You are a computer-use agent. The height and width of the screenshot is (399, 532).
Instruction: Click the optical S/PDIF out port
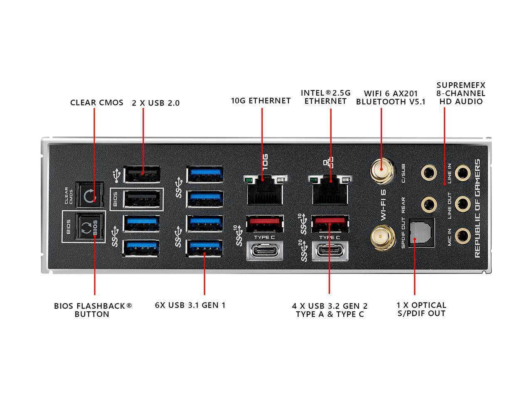click(x=421, y=233)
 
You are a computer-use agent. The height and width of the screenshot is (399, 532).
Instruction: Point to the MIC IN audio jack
click(x=461, y=236)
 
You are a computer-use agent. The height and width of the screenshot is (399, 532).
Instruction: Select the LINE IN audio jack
click(x=461, y=171)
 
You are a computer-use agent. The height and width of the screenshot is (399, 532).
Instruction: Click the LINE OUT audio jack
click(x=461, y=204)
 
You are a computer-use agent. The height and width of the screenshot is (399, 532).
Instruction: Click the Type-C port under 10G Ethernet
click(x=265, y=251)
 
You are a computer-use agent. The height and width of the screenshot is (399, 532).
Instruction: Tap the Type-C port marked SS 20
click(x=330, y=251)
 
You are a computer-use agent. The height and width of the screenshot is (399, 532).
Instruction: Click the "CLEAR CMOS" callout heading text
click(x=96, y=102)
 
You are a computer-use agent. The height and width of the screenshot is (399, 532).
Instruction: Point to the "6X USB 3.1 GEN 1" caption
click(x=190, y=305)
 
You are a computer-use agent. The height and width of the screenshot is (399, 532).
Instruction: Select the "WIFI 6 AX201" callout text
click(x=391, y=94)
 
